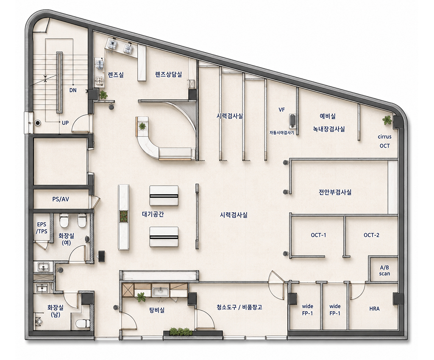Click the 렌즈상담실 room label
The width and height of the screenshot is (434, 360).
[x=169, y=74]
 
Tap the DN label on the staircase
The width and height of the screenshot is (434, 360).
[x=73, y=90]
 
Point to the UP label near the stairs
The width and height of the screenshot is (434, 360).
[x=65, y=123]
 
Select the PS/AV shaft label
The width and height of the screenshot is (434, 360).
[x=61, y=199]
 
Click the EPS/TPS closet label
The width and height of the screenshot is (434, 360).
[x=42, y=228]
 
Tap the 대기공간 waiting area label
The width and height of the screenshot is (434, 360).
[x=153, y=214]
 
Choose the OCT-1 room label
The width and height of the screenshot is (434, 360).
[x=318, y=235]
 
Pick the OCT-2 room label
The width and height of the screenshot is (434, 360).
[x=371, y=235]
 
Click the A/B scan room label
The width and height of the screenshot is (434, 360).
[x=384, y=271]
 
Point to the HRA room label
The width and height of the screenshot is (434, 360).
[x=374, y=309]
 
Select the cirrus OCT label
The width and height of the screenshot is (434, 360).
[x=385, y=141]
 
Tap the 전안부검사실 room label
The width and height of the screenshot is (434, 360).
[x=335, y=192]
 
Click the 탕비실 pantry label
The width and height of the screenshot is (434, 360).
[x=157, y=310]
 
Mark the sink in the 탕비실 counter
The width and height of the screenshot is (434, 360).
[x=160, y=292]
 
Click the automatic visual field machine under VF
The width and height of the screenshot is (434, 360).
[x=292, y=120]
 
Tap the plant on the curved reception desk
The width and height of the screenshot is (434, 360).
[x=142, y=126]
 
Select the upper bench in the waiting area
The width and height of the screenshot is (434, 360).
[x=164, y=196]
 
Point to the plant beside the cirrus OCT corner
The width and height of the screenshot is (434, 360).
[x=387, y=120]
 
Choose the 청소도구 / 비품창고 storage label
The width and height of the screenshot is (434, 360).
[x=239, y=307]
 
